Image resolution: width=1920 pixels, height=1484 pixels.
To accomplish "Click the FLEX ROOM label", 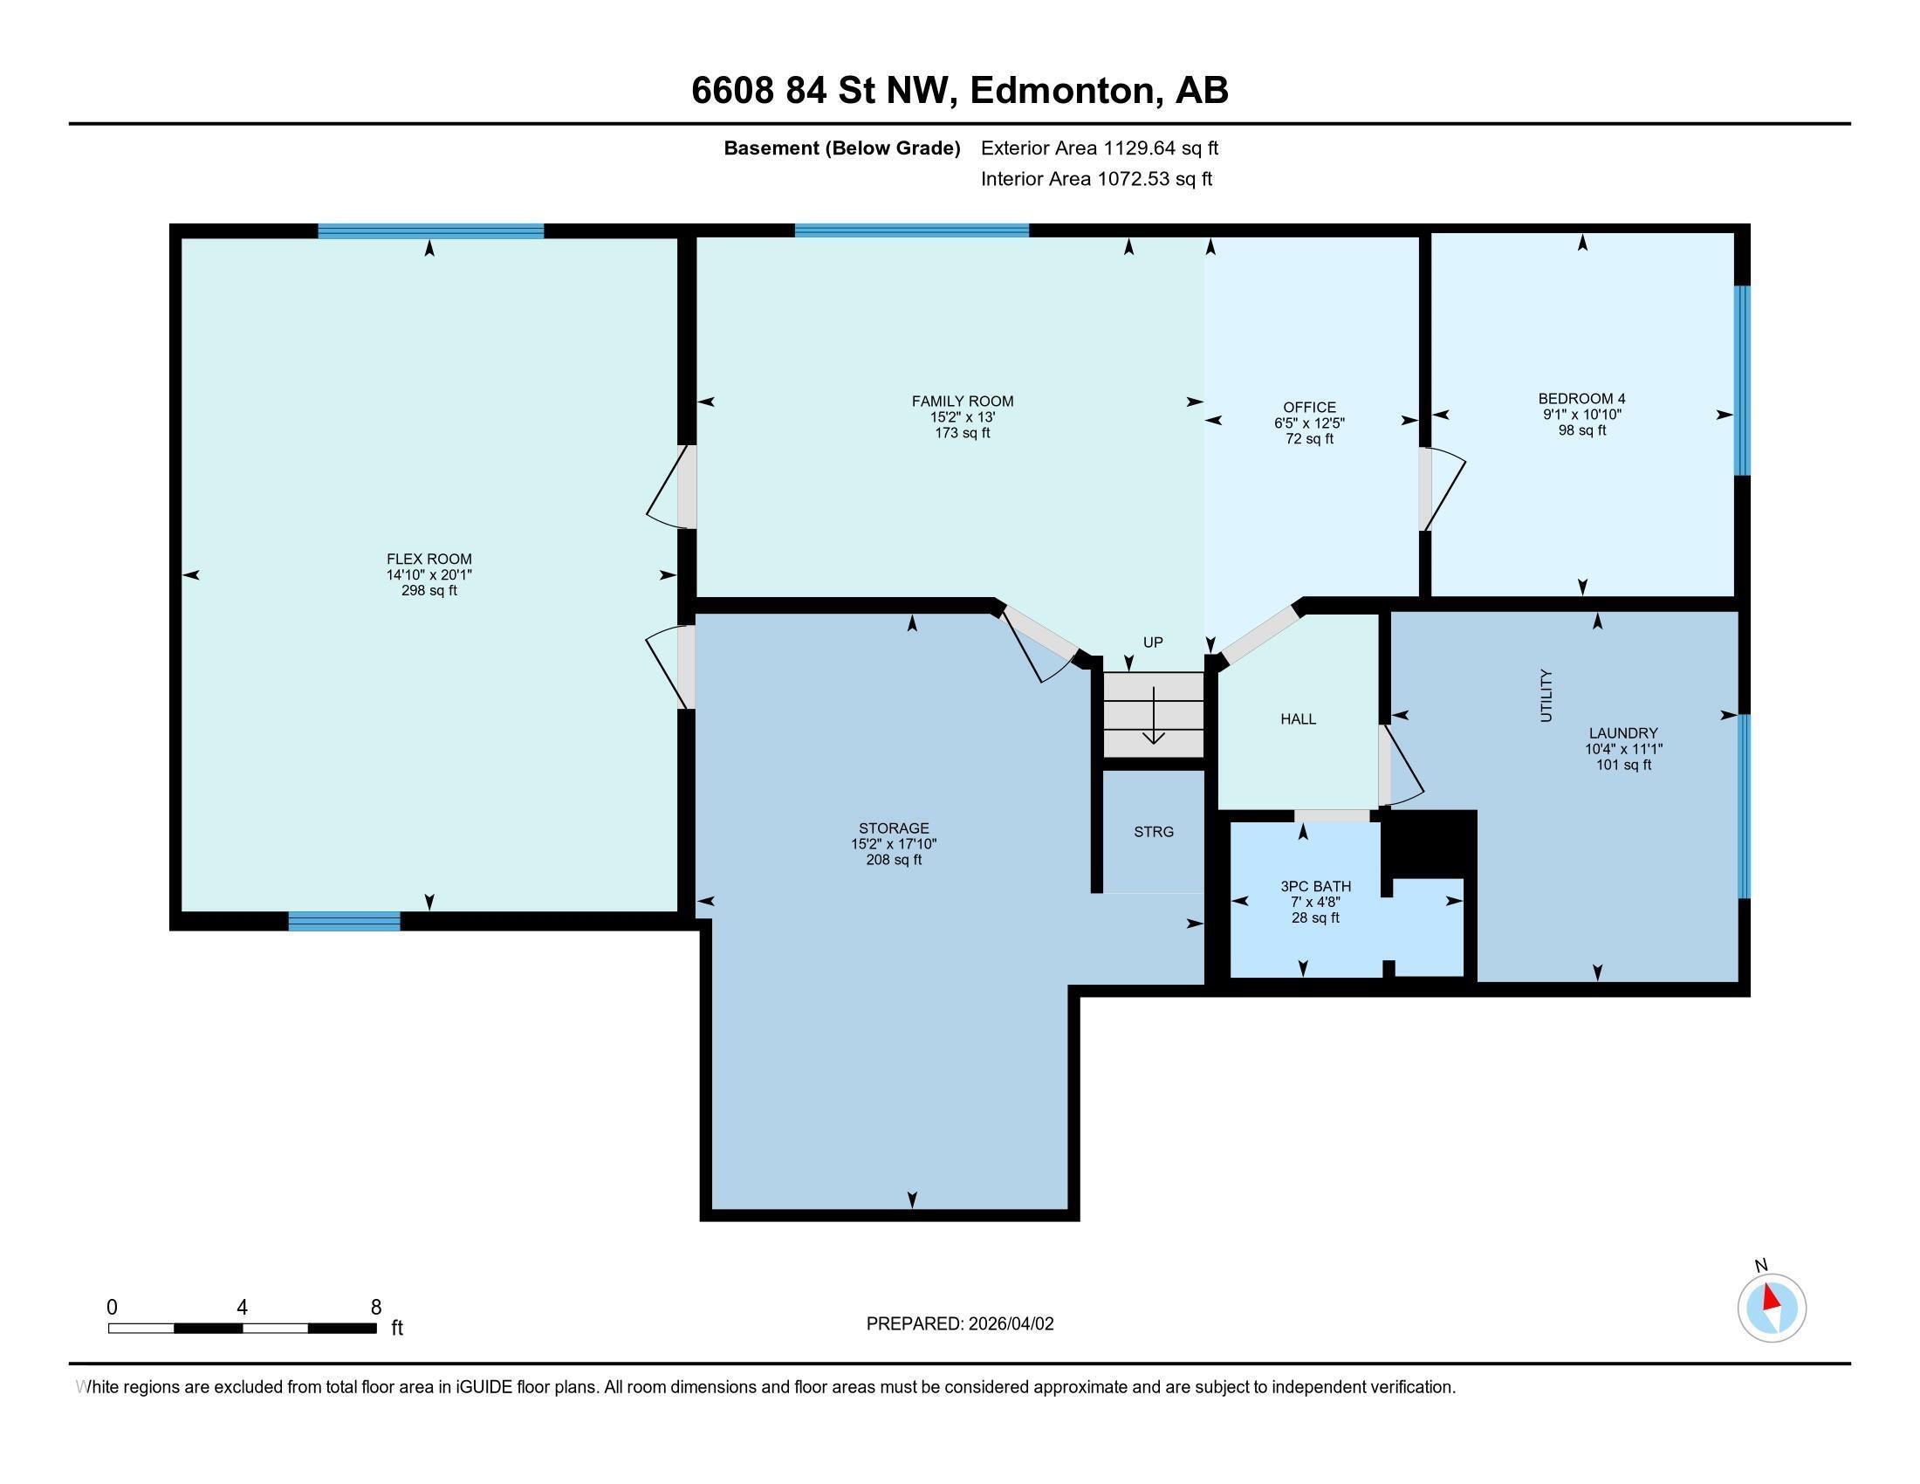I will coord(429,560).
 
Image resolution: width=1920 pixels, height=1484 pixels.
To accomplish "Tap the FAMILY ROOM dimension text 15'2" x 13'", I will coord(962,417).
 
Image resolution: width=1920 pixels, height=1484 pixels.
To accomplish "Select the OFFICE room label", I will coord(1309,407).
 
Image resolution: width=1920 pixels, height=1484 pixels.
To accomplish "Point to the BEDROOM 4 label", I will coord(1581,398).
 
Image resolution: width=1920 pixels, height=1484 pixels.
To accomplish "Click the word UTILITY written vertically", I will coord(1546,696).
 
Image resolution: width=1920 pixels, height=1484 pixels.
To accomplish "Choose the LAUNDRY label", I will coord(1623,733).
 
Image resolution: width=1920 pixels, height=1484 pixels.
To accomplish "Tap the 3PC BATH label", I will coord(1315,886).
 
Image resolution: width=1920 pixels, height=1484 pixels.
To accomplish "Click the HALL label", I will coord(1298,719).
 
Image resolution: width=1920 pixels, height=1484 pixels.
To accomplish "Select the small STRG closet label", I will coord(1154,832).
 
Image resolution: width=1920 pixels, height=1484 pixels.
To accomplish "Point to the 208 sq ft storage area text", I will coord(893,860).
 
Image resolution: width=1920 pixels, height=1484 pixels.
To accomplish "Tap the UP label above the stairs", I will coord(1153,642).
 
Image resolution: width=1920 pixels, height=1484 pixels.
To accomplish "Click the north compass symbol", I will coord(1772,1308).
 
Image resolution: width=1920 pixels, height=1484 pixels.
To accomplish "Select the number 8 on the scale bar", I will coord(376,1307).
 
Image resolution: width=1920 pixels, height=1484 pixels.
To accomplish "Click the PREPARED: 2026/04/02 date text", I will coord(959,1324).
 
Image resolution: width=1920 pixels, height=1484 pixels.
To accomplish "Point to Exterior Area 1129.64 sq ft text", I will coord(1099,148).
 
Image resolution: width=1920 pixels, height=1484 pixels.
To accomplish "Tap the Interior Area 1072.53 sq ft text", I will coord(1096,179).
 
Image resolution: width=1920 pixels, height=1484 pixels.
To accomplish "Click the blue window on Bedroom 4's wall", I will coord(1742,380).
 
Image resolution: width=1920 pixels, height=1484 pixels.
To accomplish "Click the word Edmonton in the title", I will coord(1062,91).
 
